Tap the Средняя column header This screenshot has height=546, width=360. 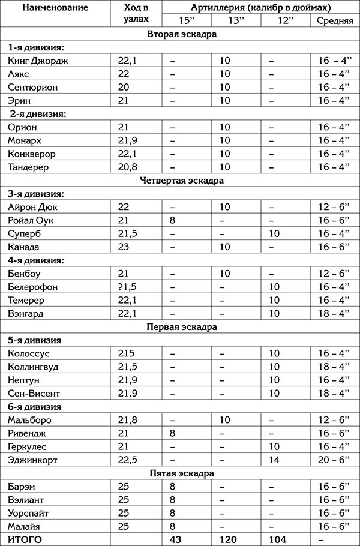pyautogui.click(x=334, y=22)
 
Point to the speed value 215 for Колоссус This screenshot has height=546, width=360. pyautogui.click(x=124, y=353)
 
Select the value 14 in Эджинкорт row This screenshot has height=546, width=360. pyautogui.click(x=275, y=460)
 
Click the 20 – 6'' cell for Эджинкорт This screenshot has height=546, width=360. pyautogui.click(x=334, y=460)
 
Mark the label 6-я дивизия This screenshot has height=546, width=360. pyautogui.click(x=35, y=407)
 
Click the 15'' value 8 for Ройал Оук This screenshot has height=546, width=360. pyautogui.click(x=173, y=220)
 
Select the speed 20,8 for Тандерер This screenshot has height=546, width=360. pyautogui.click(x=127, y=167)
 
